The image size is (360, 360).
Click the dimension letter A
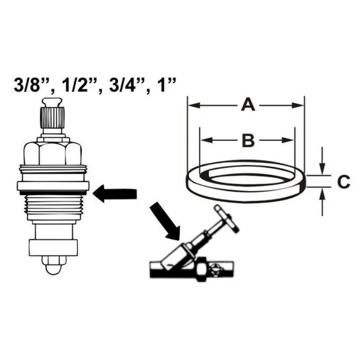coord(248,105)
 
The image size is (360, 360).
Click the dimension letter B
coord(248,140)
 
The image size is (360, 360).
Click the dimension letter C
coord(344,181)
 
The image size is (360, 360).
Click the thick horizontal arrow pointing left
coord(115,194)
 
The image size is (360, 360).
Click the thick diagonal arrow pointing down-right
coord(166,221)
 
